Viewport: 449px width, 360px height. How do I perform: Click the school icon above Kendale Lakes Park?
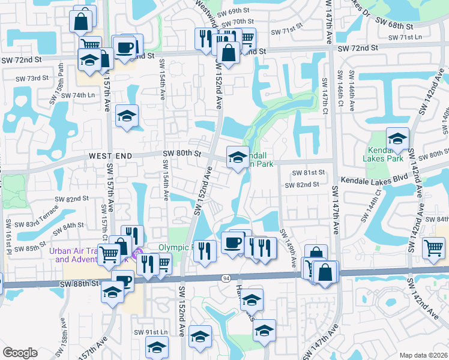(397, 139)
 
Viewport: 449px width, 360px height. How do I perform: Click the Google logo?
(20, 353)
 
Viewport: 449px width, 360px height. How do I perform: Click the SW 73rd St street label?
(32, 79)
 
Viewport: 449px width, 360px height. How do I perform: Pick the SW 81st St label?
(309, 173)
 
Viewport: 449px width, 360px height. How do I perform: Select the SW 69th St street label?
(234, 11)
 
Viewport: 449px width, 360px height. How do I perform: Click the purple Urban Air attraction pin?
(137, 253)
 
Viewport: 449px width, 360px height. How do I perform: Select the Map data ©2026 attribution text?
(424, 355)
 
